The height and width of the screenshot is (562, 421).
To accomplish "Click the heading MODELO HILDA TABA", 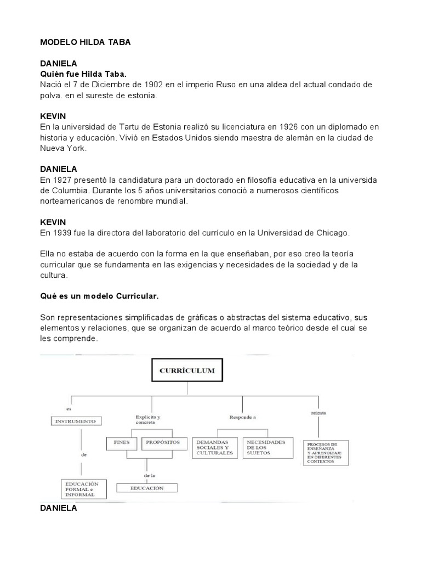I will pos(86,42).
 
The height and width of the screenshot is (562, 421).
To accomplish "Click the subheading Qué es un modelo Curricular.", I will pos(99,296).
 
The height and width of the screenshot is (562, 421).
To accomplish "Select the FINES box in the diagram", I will pos(122,441).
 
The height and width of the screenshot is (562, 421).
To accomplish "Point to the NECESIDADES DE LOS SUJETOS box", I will pos(265,448).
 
